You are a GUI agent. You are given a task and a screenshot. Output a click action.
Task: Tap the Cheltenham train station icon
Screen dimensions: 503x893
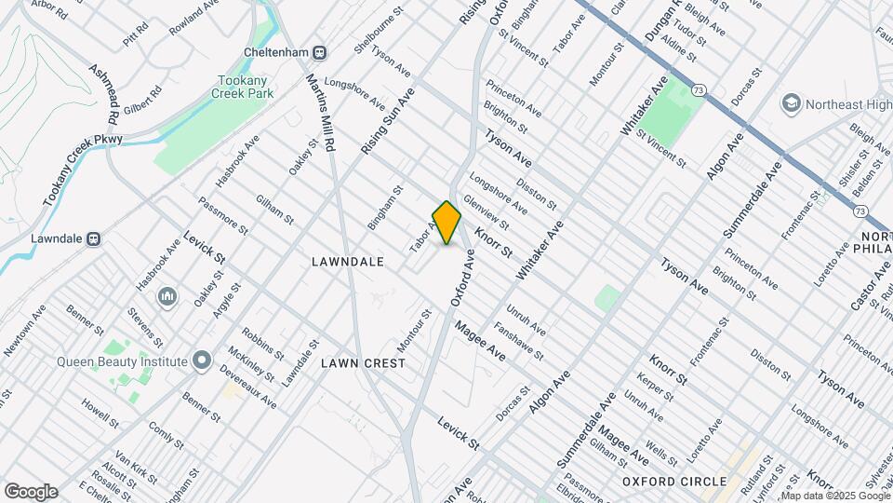tap(320, 52)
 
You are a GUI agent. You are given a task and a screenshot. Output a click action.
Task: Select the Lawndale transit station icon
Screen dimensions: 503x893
tap(93, 238)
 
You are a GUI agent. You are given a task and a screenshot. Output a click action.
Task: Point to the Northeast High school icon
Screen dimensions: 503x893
tap(793, 102)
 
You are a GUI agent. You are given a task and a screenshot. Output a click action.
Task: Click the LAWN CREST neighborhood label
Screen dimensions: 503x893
tap(364, 362)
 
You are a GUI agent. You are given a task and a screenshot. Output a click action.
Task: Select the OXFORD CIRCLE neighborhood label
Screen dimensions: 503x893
tap(674, 481)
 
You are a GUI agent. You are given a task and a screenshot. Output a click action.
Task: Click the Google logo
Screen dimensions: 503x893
tap(31, 492)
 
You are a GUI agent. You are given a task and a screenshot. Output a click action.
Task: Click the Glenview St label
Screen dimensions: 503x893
tap(486, 211)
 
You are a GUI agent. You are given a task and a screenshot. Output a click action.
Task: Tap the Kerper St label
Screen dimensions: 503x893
tap(648, 389)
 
